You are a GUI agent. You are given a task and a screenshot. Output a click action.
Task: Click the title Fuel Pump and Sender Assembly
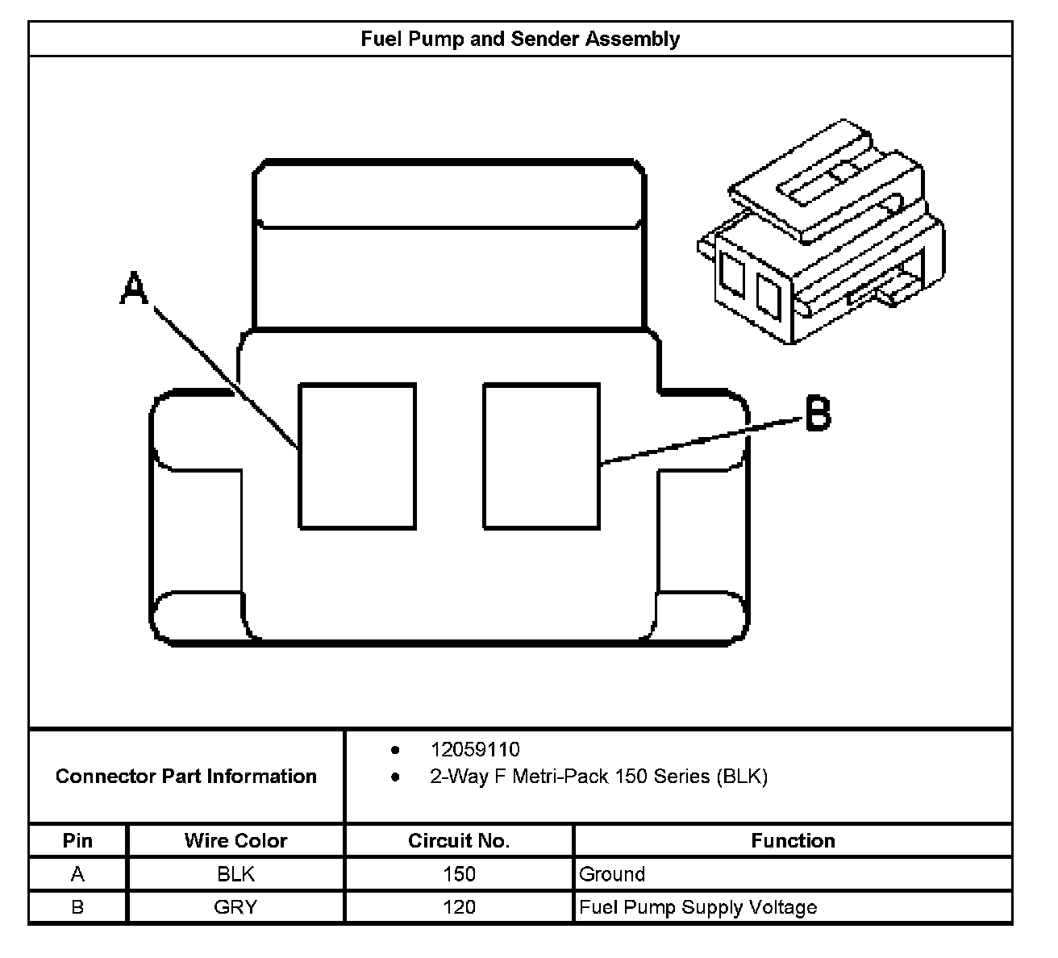click(520, 39)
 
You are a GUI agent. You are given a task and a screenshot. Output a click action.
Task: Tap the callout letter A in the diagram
click(134, 289)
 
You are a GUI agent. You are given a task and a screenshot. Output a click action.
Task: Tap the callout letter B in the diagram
click(817, 413)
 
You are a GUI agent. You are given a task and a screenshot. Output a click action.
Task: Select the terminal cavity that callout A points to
click(357, 456)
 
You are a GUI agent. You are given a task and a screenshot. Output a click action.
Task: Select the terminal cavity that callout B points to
click(541, 456)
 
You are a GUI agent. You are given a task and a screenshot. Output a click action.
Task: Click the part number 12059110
click(475, 749)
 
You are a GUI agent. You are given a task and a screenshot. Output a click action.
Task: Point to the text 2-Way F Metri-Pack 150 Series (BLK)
click(598, 777)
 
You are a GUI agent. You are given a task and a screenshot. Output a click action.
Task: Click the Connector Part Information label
click(186, 777)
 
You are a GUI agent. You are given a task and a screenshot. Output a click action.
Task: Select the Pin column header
click(77, 840)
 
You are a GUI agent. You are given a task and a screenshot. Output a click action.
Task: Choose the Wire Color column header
click(235, 840)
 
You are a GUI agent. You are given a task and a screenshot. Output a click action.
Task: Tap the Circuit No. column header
click(459, 840)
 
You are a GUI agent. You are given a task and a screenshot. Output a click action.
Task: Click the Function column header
click(793, 840)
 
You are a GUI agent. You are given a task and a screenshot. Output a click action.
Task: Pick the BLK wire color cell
click(235, 874)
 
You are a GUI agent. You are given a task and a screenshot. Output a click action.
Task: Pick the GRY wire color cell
click(235, 907)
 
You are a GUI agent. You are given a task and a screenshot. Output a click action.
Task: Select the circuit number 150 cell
click(459, 874)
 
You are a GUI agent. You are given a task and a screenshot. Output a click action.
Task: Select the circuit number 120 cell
click(459, 907)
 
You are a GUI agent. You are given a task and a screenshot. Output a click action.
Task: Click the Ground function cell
click(612, 874)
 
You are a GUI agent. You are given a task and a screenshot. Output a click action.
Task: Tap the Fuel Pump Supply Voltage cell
click(698, 907)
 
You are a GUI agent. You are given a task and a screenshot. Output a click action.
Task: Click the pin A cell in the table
click(77, 874)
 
